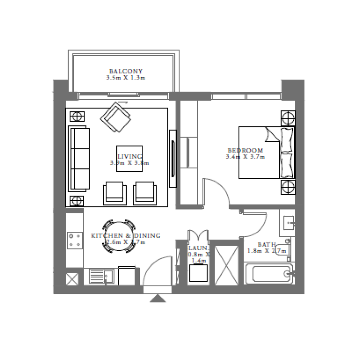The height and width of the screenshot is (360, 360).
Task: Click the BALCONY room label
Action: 126,71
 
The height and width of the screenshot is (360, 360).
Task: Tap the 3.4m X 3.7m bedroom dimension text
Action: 245,157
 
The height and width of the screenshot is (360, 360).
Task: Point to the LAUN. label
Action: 198,247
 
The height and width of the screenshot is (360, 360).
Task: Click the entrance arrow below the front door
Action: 157,298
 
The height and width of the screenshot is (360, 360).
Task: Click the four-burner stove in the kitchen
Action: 74,239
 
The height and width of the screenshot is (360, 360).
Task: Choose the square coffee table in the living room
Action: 130,158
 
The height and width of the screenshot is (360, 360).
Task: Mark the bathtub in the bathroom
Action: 268,273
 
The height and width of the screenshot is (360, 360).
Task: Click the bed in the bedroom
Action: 265,153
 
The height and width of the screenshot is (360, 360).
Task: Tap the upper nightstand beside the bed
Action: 288,118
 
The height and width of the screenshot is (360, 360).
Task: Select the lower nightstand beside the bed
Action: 288,186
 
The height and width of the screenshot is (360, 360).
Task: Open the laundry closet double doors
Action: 198,237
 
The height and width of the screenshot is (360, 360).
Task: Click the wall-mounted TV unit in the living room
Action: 172,158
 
